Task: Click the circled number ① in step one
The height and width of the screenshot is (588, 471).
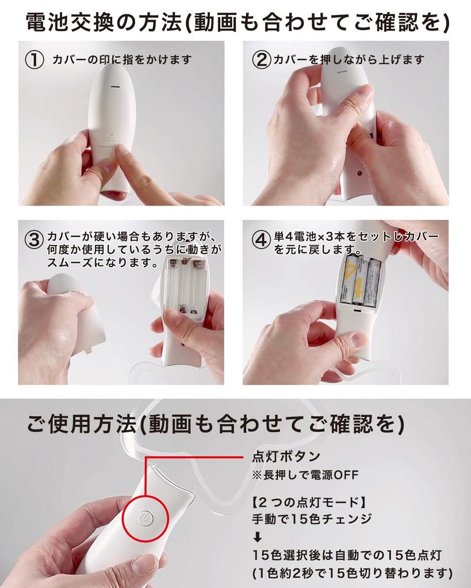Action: [x=34, y=60]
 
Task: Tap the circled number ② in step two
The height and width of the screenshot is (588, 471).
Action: [x=262, y=60]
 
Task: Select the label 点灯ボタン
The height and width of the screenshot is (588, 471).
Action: [x=286, y=456]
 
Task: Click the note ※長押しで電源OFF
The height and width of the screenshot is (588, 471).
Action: [x=305, y=475]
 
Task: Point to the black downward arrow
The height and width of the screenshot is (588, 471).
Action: [x=258, y=537]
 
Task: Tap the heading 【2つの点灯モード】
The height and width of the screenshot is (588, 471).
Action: [x=309, y=502]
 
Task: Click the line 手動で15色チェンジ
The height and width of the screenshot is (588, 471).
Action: [x=312, y=519]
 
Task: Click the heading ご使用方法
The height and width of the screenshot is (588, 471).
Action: [x=81, y=424]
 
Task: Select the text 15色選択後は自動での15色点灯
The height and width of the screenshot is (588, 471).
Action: [x=347, y=555]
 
